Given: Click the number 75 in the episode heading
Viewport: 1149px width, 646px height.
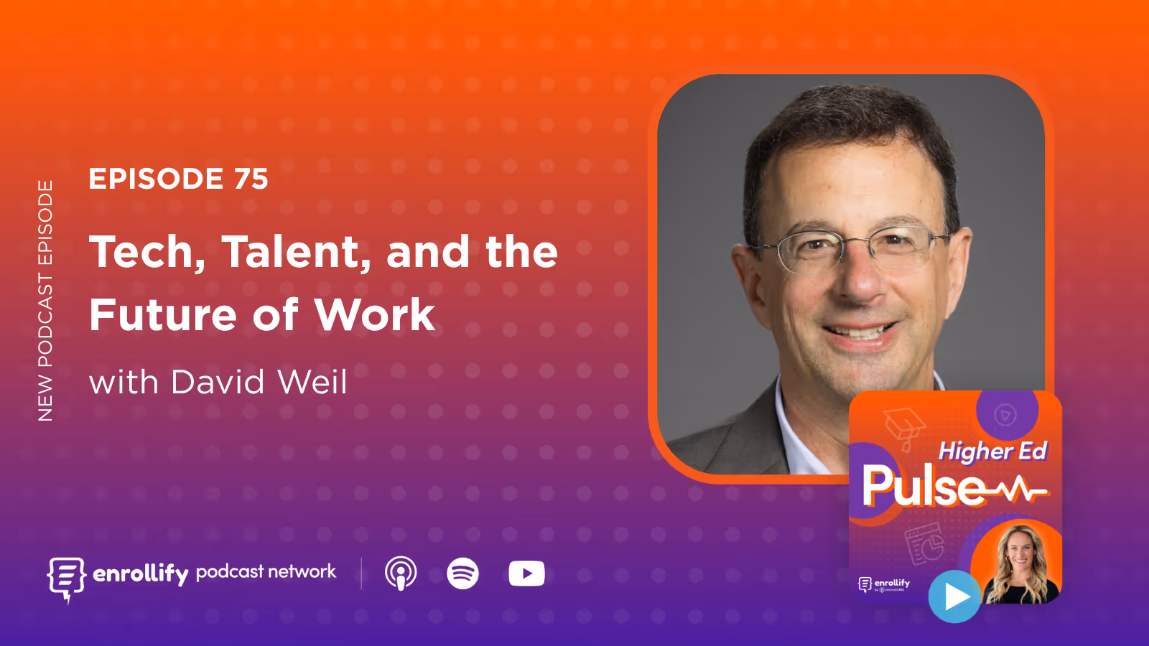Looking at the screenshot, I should click(251, 179).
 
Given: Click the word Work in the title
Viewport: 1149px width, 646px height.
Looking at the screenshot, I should click(374, 315).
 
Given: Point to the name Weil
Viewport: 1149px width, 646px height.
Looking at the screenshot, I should click(312, 382).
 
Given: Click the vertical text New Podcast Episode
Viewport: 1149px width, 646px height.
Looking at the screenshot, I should click(45, 300).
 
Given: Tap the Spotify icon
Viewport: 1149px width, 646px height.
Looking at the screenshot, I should click(463, 574).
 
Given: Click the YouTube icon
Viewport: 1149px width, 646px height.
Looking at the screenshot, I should click(526, 574).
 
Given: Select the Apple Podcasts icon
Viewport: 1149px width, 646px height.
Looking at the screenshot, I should click(401, 574).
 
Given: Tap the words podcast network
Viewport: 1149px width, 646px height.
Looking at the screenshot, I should click(266, 571).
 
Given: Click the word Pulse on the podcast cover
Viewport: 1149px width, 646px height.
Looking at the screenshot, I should click(923, 487).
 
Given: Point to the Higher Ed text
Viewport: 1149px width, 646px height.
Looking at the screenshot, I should click(992, 451).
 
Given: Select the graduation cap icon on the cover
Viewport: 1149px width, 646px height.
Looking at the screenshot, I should click(904, 427).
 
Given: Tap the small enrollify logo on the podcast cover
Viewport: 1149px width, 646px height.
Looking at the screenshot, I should click(884, 584).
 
